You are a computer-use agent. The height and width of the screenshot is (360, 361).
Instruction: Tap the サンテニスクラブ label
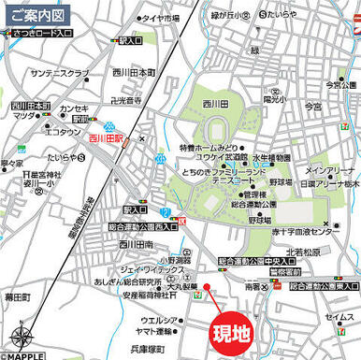60,72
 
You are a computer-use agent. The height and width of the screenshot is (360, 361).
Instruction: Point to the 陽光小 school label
274,98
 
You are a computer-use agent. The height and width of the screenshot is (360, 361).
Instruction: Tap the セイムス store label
339,317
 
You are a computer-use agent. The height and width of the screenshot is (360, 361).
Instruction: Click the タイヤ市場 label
161,18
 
